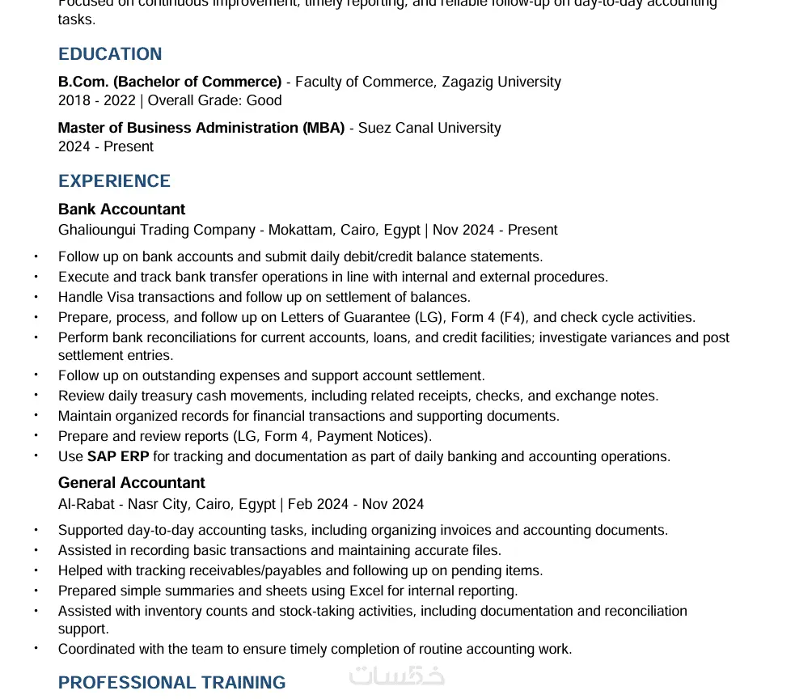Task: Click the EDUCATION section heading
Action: pyautogui.click(x=110, y=54)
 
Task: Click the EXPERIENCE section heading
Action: pyautogui.click(x=114, y=181)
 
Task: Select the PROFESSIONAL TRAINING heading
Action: pyautogui.click(x=171, y=683)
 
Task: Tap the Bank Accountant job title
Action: pyautogui.click(x=121, y=210)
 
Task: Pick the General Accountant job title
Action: pyautogui.click(x=131, y=483)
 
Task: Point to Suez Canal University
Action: pyautogui.click(x=429, y=128)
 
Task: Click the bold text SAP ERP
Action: pyautogui.click(x=118, y=456)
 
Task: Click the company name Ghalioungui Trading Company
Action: pyautogui.click(x=157, y=230)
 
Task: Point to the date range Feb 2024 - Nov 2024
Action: pyautogui.click(x=356, y=504)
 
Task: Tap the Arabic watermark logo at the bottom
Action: pyautogui.click(x=396, y=676)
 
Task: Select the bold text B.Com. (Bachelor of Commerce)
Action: pyautogui.click(x=170, y=82)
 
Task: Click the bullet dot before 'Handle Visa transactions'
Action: pyautogui.click(x=36, y=297)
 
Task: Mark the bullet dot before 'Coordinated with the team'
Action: pyautogui.click(x=36, y=649)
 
